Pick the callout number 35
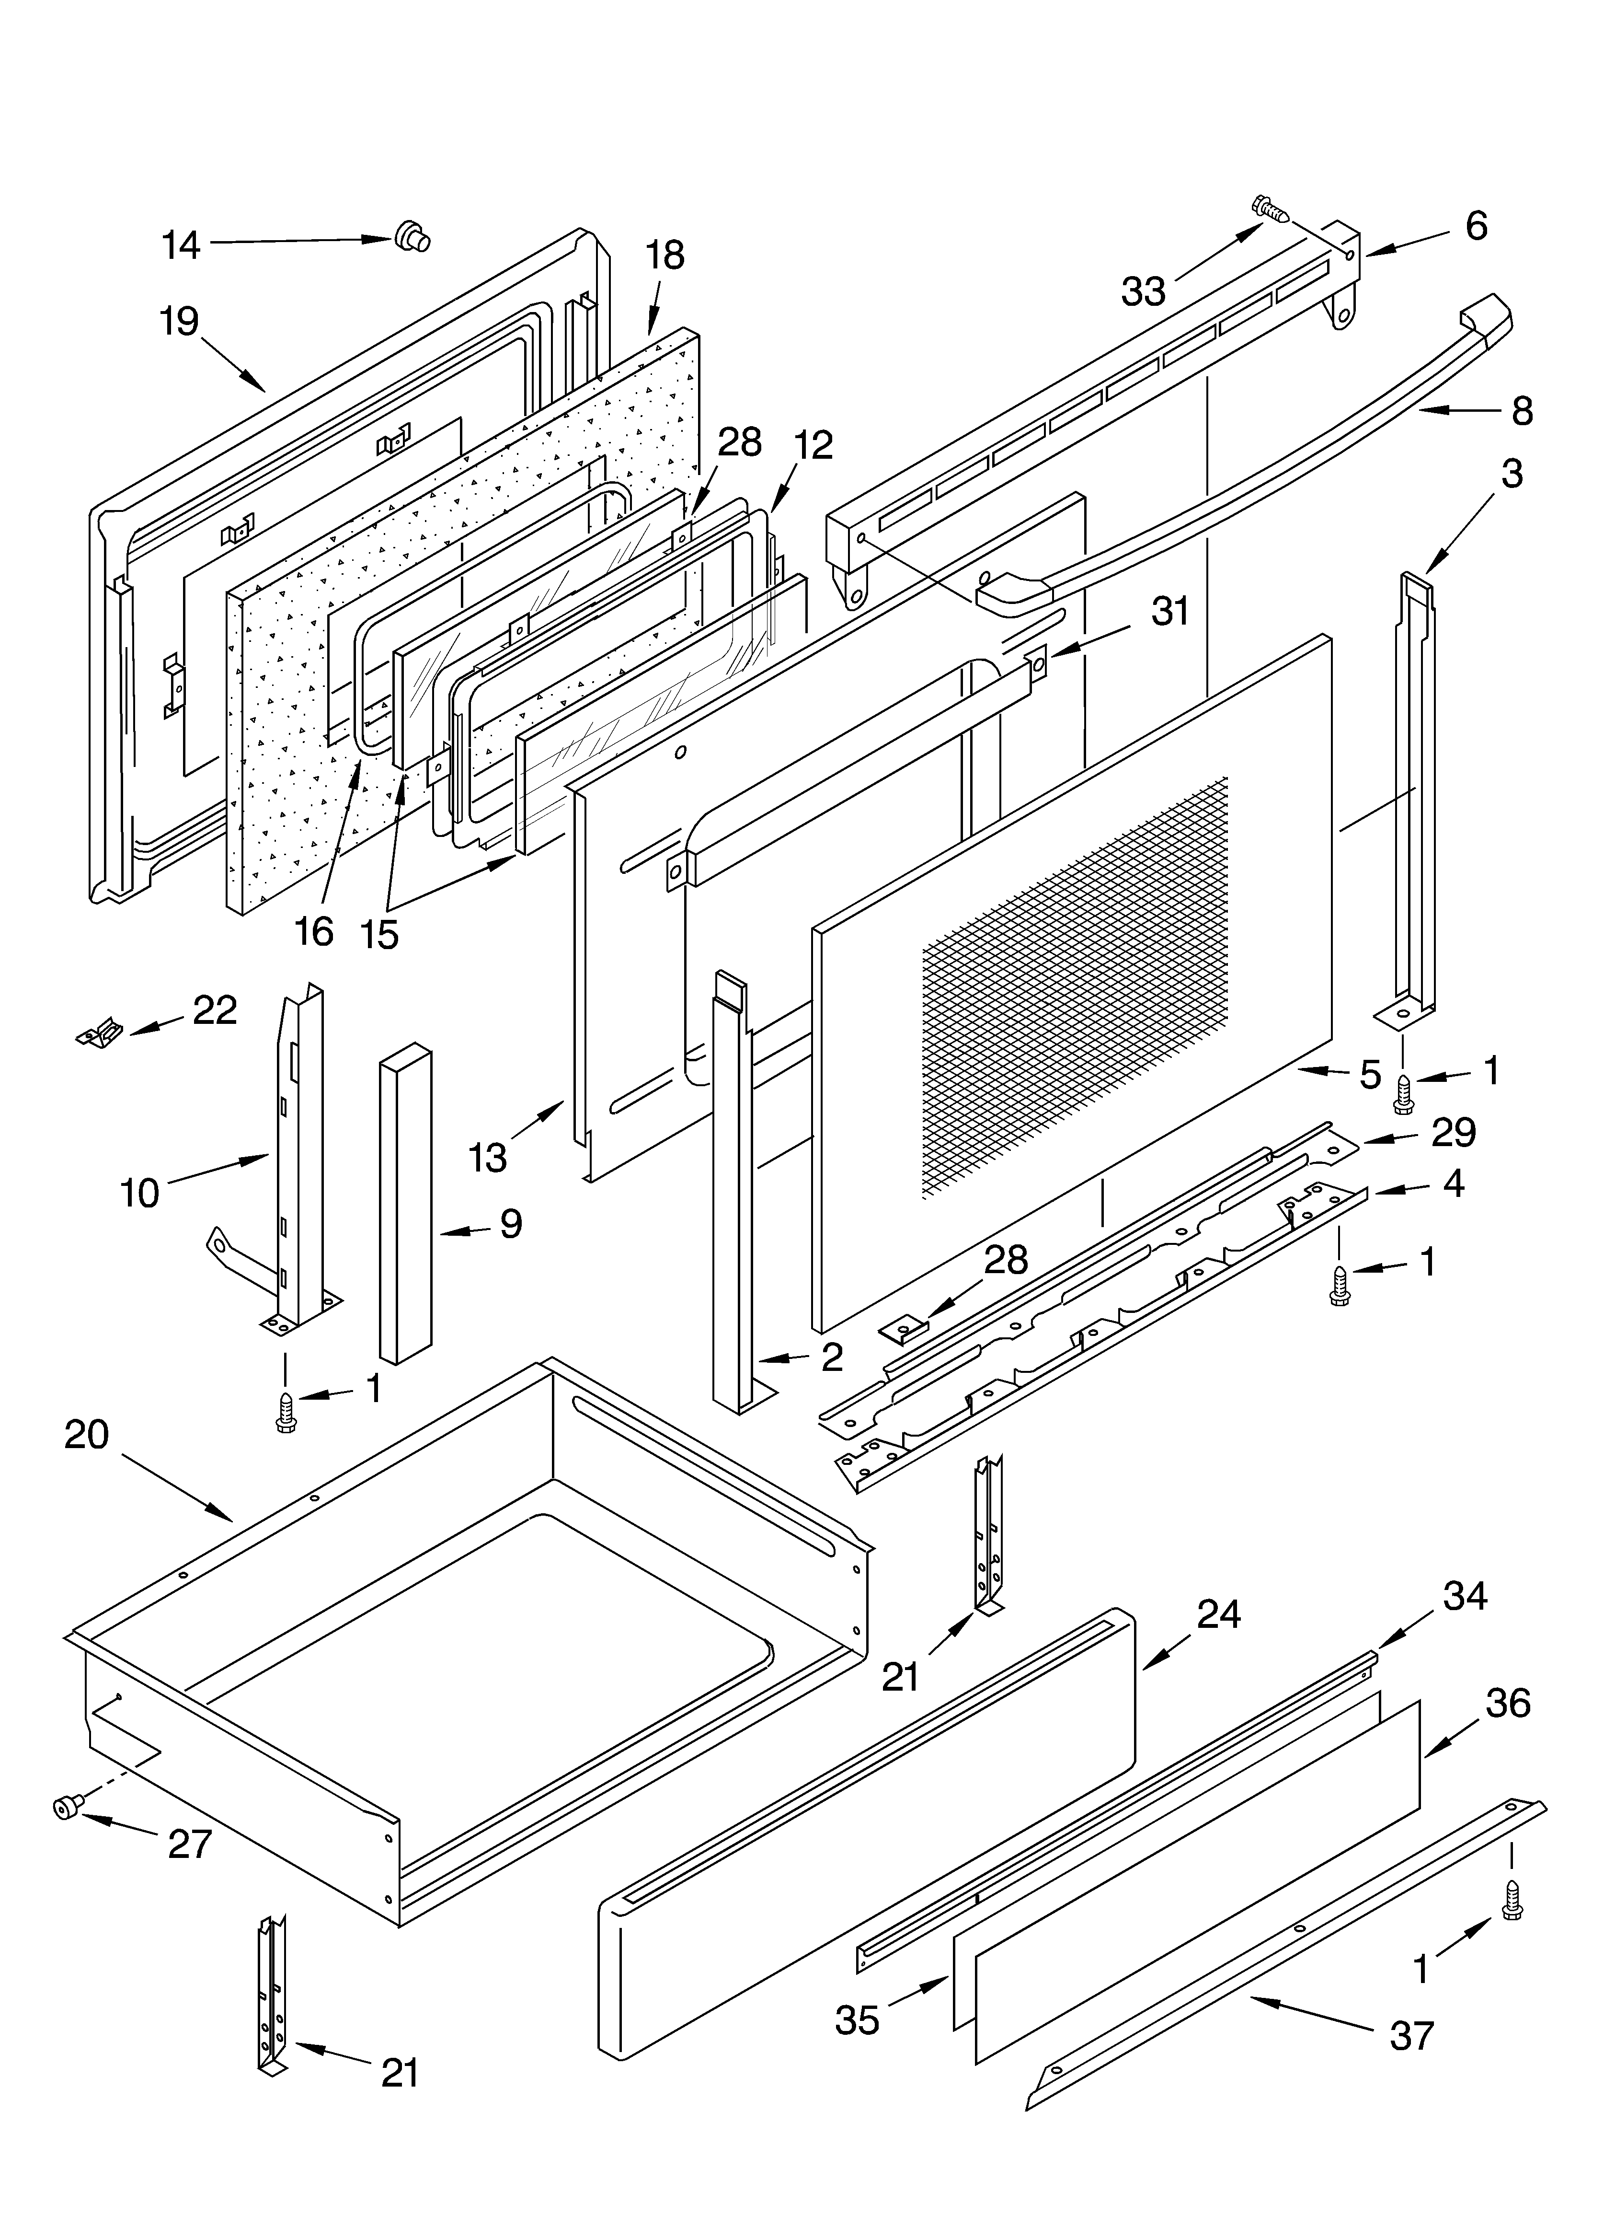[x=857, y=2019]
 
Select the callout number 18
[x=665, y=256]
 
